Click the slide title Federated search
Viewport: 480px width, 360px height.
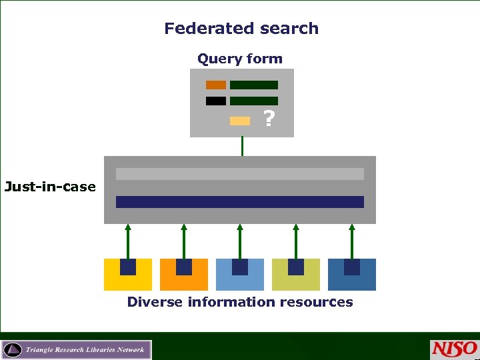pos(241,29)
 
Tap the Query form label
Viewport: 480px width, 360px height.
pos(240,59)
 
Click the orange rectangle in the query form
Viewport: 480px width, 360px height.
pos(216,85)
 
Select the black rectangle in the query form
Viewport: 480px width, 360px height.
pos(216,101)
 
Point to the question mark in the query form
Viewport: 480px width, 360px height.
pos(268,119)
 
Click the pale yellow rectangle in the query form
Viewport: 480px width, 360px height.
pos(239,121)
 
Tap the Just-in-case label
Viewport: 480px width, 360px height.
pos(50,187)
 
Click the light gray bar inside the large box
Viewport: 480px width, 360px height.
pos(240,174)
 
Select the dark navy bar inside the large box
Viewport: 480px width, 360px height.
pos(240,202)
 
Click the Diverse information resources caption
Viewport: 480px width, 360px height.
pos(240,302)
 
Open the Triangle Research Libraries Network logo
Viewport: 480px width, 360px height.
pos(77,349)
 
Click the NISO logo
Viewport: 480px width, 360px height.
pos(454,349)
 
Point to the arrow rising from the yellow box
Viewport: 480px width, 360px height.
pos(128,240)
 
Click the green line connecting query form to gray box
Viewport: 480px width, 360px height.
pos(242,147)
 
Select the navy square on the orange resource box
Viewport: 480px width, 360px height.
pos(184,267)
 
